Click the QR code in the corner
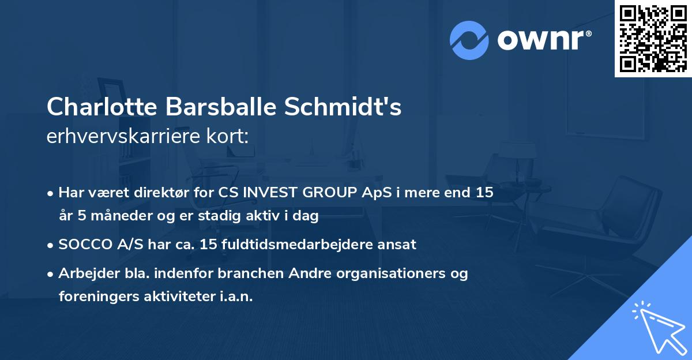tap(653, 39)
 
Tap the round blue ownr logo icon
tap(469, 40)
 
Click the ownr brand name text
tap(544, 40)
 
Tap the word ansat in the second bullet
tap(398, 244)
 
